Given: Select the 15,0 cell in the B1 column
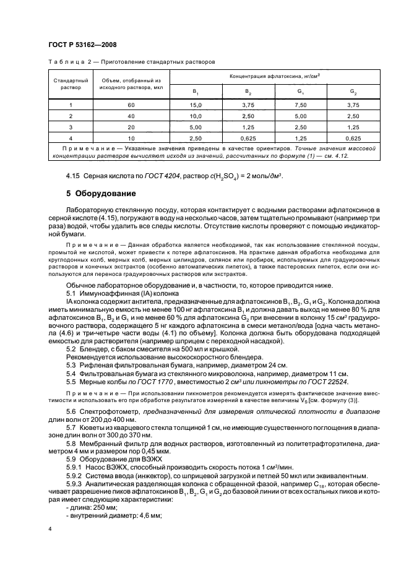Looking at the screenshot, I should (196, 105).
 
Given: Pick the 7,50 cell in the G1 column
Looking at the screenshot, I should (299, 105).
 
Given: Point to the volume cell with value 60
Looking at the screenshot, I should (131, 105).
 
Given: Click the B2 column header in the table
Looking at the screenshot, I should (248, 92).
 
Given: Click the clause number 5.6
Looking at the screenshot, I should (71, 411).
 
